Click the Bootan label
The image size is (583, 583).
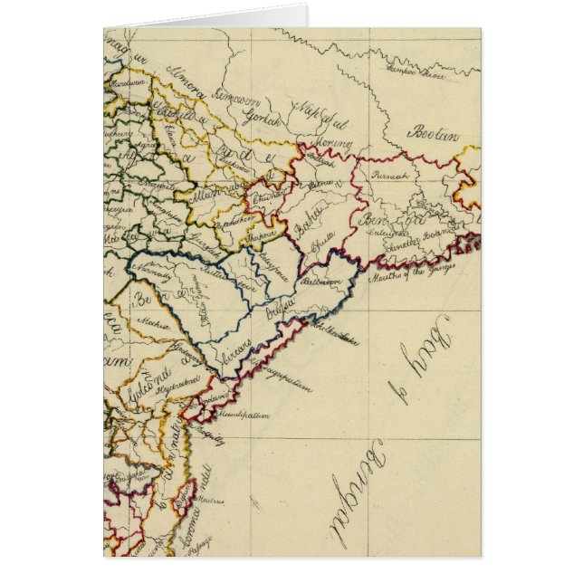tap(432, 134)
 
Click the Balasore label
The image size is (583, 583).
tap(323, 282)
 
